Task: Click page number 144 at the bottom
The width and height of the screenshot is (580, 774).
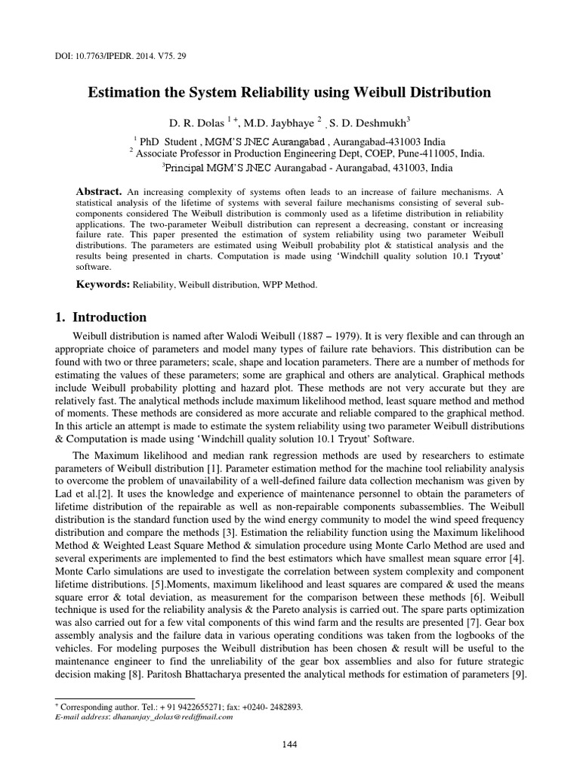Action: tap(289, 745)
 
